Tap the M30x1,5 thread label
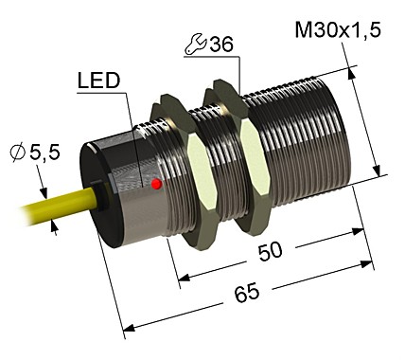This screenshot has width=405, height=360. click(x=338, y=32)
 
